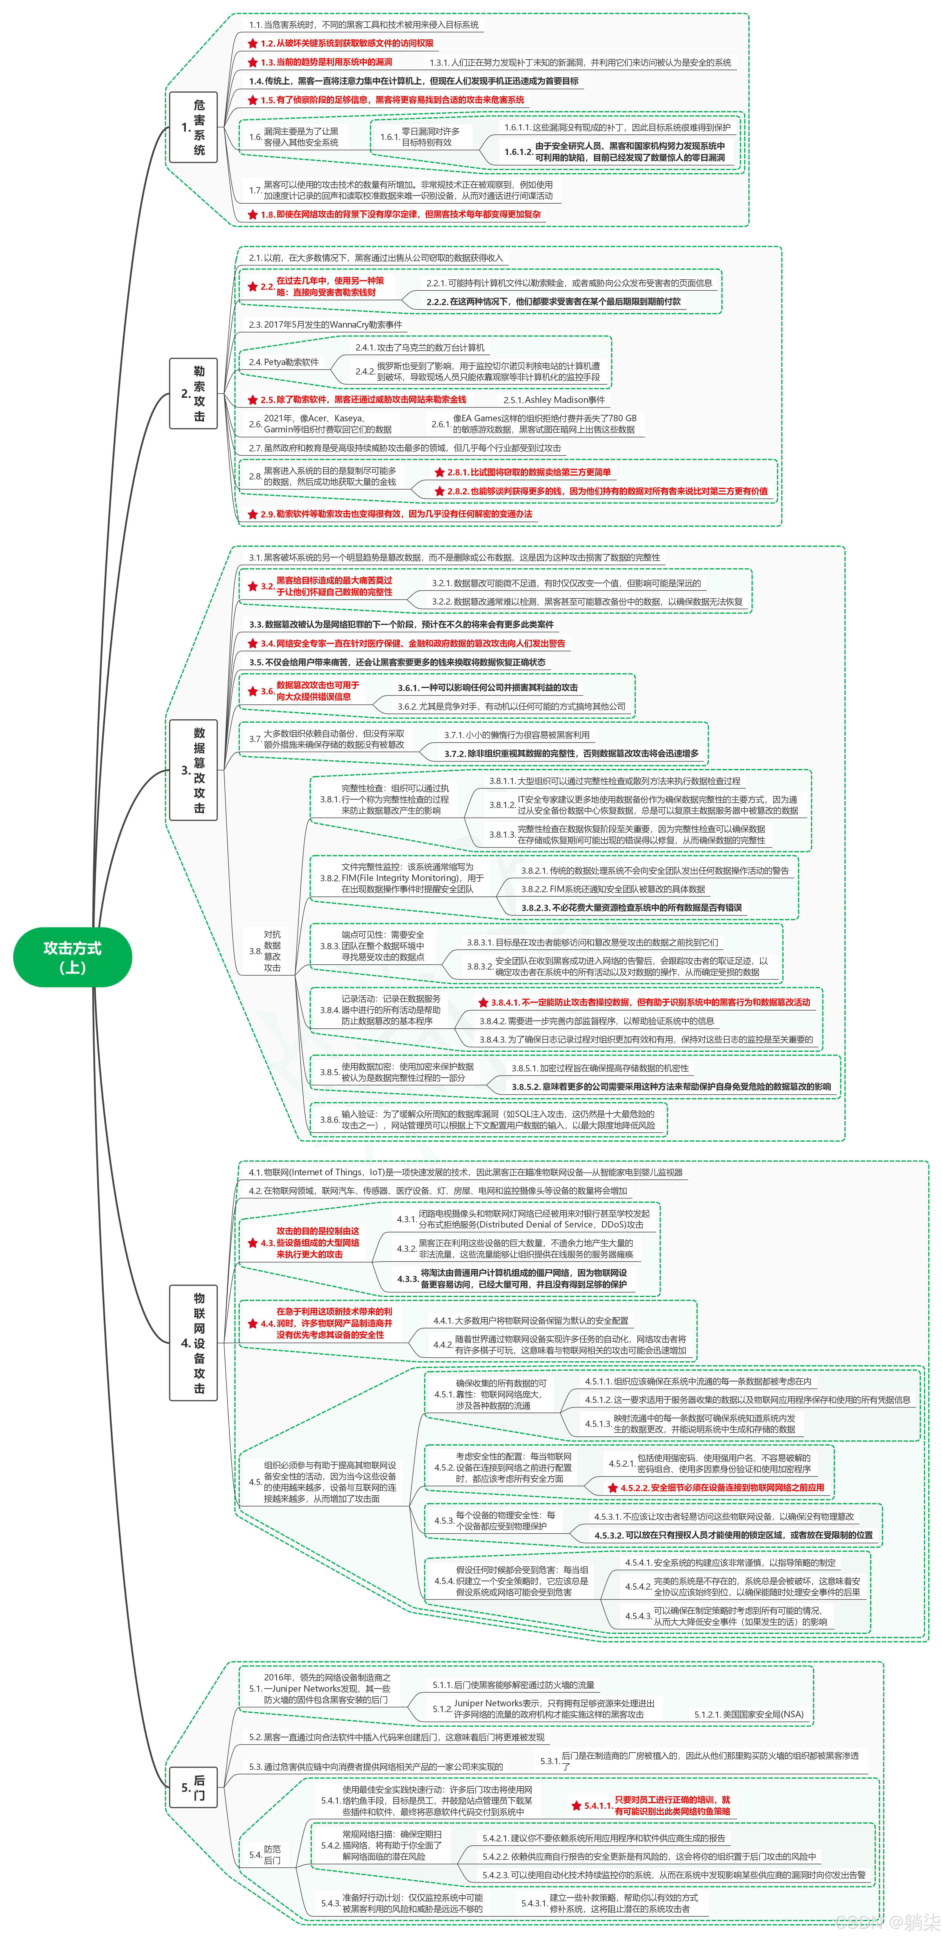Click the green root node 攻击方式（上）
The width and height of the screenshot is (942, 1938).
tap(72, 957)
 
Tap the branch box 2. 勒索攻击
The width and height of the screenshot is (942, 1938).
tap(193, 393)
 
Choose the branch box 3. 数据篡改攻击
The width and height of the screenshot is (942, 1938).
tap(193, 770)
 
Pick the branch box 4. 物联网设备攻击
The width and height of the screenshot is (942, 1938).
tap(193, 1343)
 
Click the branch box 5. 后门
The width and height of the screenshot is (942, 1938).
tap(193, 1787)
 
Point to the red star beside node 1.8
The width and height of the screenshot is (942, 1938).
tap(253, 214)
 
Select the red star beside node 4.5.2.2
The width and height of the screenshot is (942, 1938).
tap(613, 1487)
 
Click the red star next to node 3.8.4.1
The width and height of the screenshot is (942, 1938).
tap(484, 1002)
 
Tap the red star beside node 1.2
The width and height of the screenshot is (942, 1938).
tap(253, 44)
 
